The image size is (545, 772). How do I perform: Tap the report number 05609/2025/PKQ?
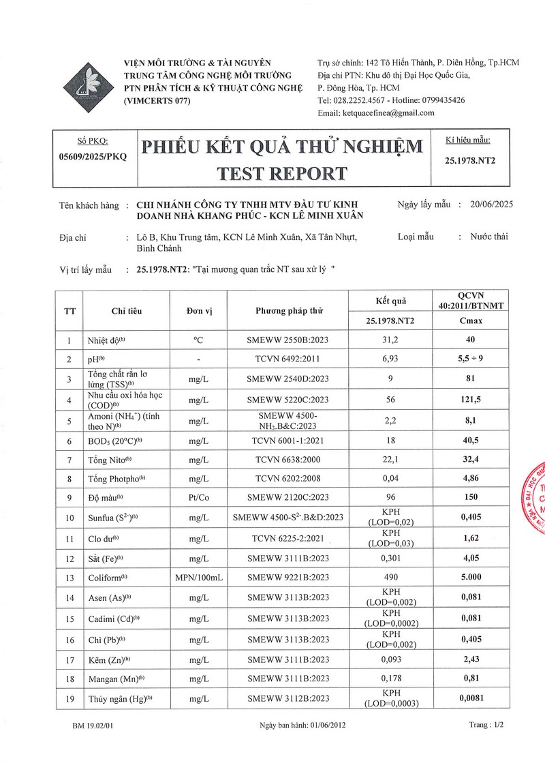93,156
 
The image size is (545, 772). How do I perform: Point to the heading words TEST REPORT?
281,173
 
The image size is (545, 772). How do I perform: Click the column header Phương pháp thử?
288,311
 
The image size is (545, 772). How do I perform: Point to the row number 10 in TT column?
69,518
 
